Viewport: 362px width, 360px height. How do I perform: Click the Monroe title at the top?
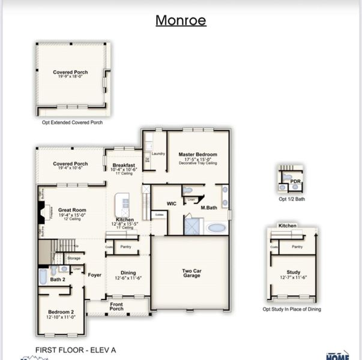pyautogui.click(x=181, y=20)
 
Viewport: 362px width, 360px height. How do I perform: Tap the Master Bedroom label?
pyautogui.click(x=198, y=154)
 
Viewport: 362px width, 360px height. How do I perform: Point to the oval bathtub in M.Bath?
pyautogui.click(x=217, y=228)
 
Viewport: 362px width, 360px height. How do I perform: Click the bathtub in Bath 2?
pyautogui.click(x=43, y=275)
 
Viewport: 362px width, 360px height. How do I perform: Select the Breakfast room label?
pyautogui.click(x=124, y=165)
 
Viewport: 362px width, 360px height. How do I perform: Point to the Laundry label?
pyautogui.click(x=158, y=154)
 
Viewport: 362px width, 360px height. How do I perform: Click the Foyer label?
pyautogui.click(x=94, y=275)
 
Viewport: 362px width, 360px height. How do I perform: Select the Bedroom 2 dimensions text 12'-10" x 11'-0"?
pyautogui.click(x=61, y=317)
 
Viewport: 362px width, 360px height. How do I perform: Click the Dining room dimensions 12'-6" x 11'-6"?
pyautogui.click(x=128, y=278)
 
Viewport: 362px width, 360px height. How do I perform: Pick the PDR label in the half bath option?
pyautogui.click(x=295, y=181)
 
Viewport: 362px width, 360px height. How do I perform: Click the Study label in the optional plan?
pyautogui.click(x=293, y=272)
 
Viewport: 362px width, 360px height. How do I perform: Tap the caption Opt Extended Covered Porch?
pyautogui.click(x=72, y=122)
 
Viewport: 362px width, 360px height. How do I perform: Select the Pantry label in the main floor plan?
pyautogui.click(x=125, y=247)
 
